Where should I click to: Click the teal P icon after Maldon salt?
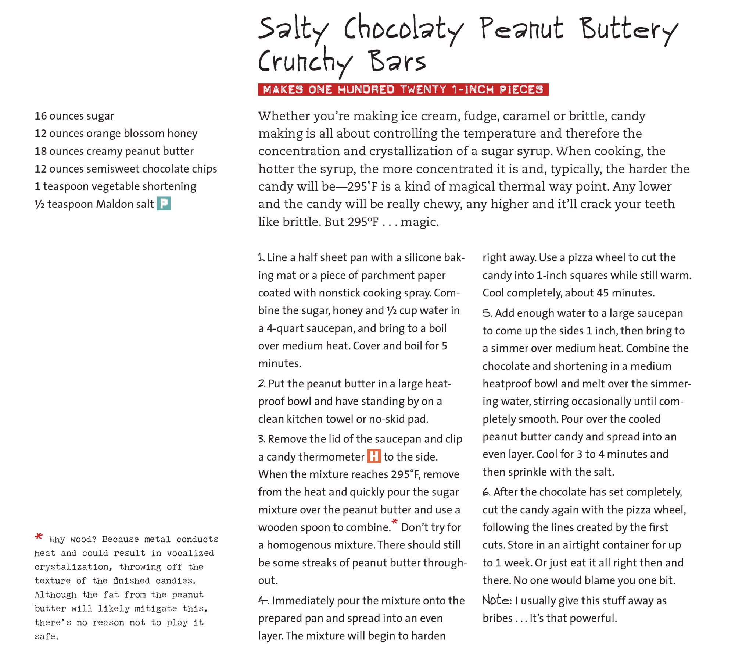click(x=164, y=204)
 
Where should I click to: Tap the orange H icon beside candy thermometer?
click(x=374, y=456)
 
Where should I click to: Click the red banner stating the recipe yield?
click(x=403, y=90)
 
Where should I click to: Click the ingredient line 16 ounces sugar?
click(x=74, y=116)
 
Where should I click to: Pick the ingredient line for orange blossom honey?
click(x=116, y=133)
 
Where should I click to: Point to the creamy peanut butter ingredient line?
click(x=114, y=151)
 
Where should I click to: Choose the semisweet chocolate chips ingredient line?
click(x=126, y=168)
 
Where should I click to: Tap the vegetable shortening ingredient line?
click(x=115, y=186)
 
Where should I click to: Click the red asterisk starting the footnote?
click(x=38, y=537)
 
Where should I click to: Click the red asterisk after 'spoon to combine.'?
click(x=395, y=522)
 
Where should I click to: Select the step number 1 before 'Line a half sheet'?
click(x=261, y=257)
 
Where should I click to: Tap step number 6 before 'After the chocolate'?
click(x=486, y=492)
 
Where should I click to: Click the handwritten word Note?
click(x=496, y=600)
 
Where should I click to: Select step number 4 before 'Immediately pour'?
click(x=263, y=600)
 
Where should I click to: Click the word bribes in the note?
click(x=497, y=618)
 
